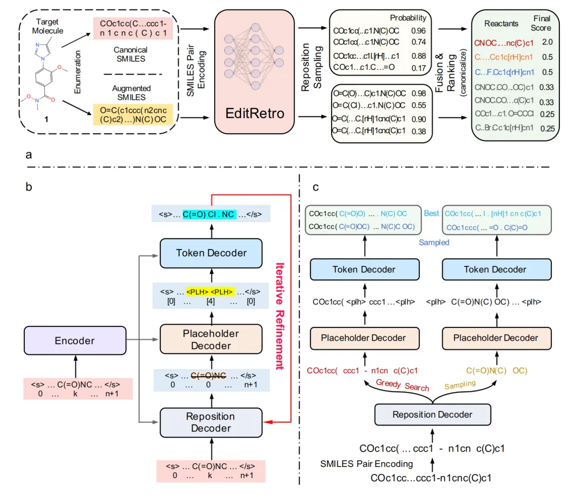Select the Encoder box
pyautogui.click(x=75, y=341)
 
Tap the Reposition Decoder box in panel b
pyautogui.click(x=210, y=422)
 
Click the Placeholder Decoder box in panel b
pyautogui.click(x=210, y=340)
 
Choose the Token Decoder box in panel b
pyautogui.click(x=210, y=253)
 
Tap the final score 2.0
pyautogui.click(x=547, y=42)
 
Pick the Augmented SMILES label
pyautogui.click(x=131, y=93)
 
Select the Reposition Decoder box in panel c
pyautogui.click(x=432, y=415)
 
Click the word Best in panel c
pyautogui.click(x=431, y=213)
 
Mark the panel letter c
pyautogui.click(x=316, y=187)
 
